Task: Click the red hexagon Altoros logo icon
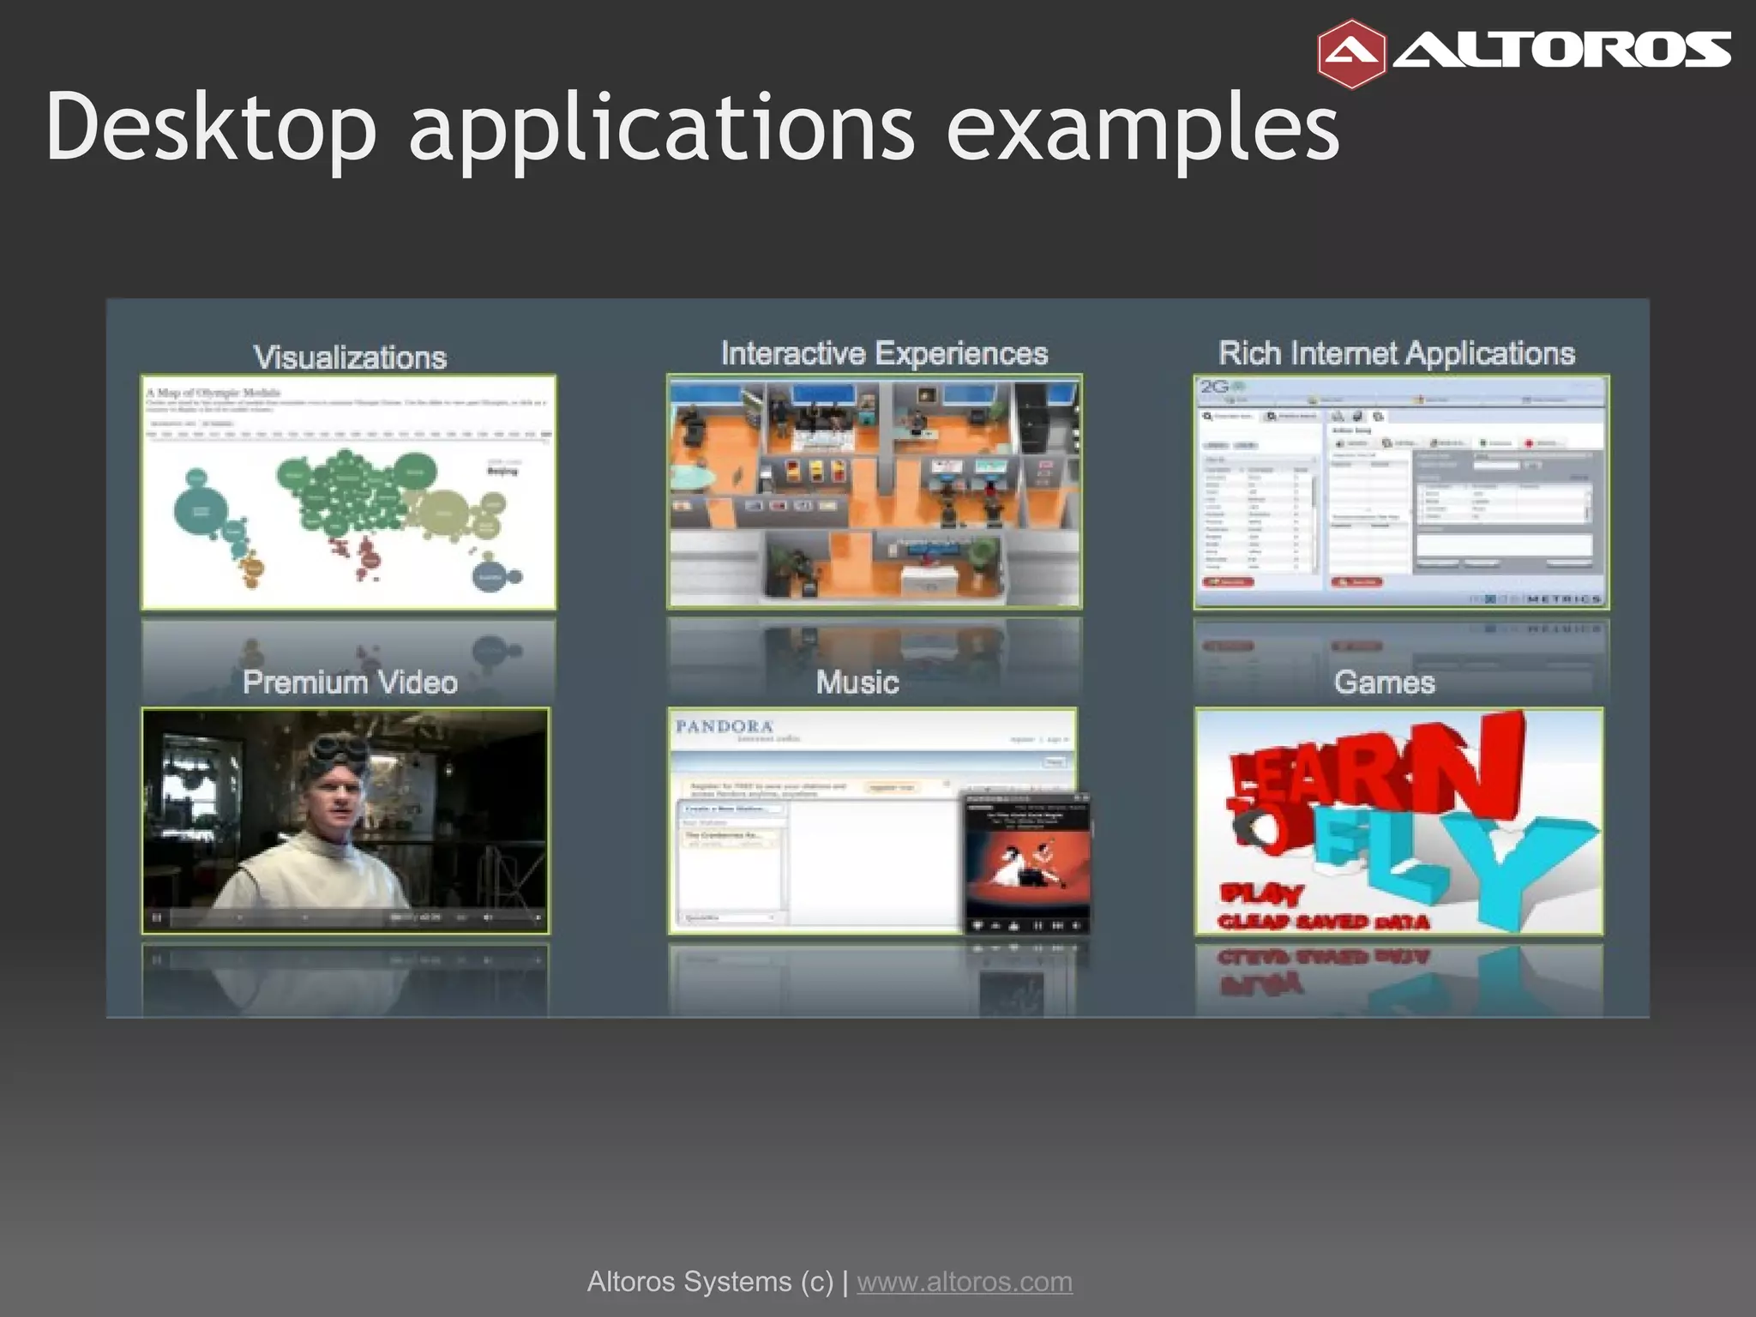click(x=1351, y=54)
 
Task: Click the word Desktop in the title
click(x=211, y=127)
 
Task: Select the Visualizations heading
click(x=350, y=357)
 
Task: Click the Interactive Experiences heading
click(x=884, y=353)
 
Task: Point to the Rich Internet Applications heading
click(x=1397, y=353)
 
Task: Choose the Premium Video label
click(x=350, y=683)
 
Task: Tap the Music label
click(x=857, y=683)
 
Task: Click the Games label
click(x=1384, y=683)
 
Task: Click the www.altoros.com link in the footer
click(x=965, y=1282)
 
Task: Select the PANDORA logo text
click(x=725, y=727)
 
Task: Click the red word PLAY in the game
click(x=1261, y=894)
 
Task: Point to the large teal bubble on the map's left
click(x=201, y=511)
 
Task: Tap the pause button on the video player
click(x=157, y=917)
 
